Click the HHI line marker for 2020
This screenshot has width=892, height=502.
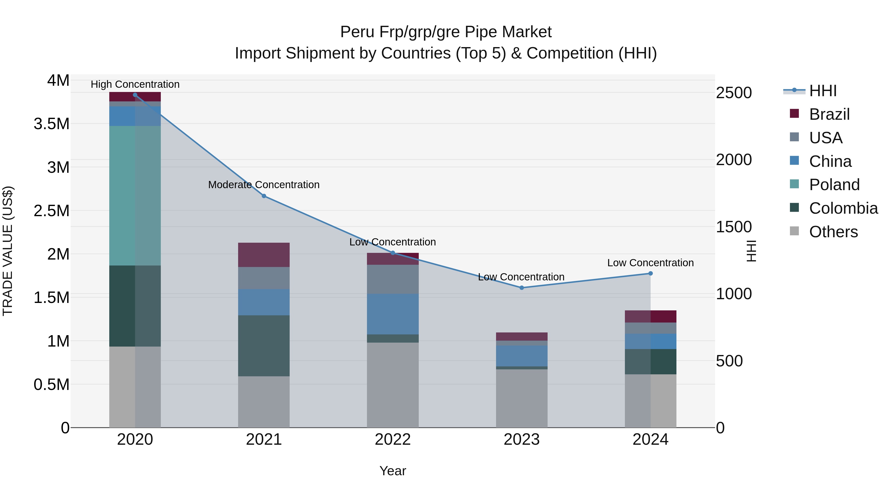135,95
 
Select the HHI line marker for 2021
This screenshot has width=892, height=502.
264,196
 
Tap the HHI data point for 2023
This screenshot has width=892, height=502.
522,288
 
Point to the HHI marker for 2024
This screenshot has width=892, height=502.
650,273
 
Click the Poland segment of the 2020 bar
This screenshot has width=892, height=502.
135,196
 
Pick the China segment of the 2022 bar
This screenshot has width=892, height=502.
393,314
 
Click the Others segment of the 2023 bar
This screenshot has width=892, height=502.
522,398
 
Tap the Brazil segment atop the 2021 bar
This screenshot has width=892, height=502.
264,255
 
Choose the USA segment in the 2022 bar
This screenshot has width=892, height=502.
393,279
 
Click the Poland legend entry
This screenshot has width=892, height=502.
834,185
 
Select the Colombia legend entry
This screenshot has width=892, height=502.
843,208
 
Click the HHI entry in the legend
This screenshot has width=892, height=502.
822,91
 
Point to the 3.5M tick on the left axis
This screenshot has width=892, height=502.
51,124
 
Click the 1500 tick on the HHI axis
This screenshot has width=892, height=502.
734,227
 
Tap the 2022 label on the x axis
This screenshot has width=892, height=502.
393,440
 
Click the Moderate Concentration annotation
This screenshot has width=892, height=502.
264,185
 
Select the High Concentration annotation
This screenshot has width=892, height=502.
135,84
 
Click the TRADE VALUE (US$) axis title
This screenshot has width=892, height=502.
8,251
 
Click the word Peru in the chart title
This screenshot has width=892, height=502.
357,32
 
